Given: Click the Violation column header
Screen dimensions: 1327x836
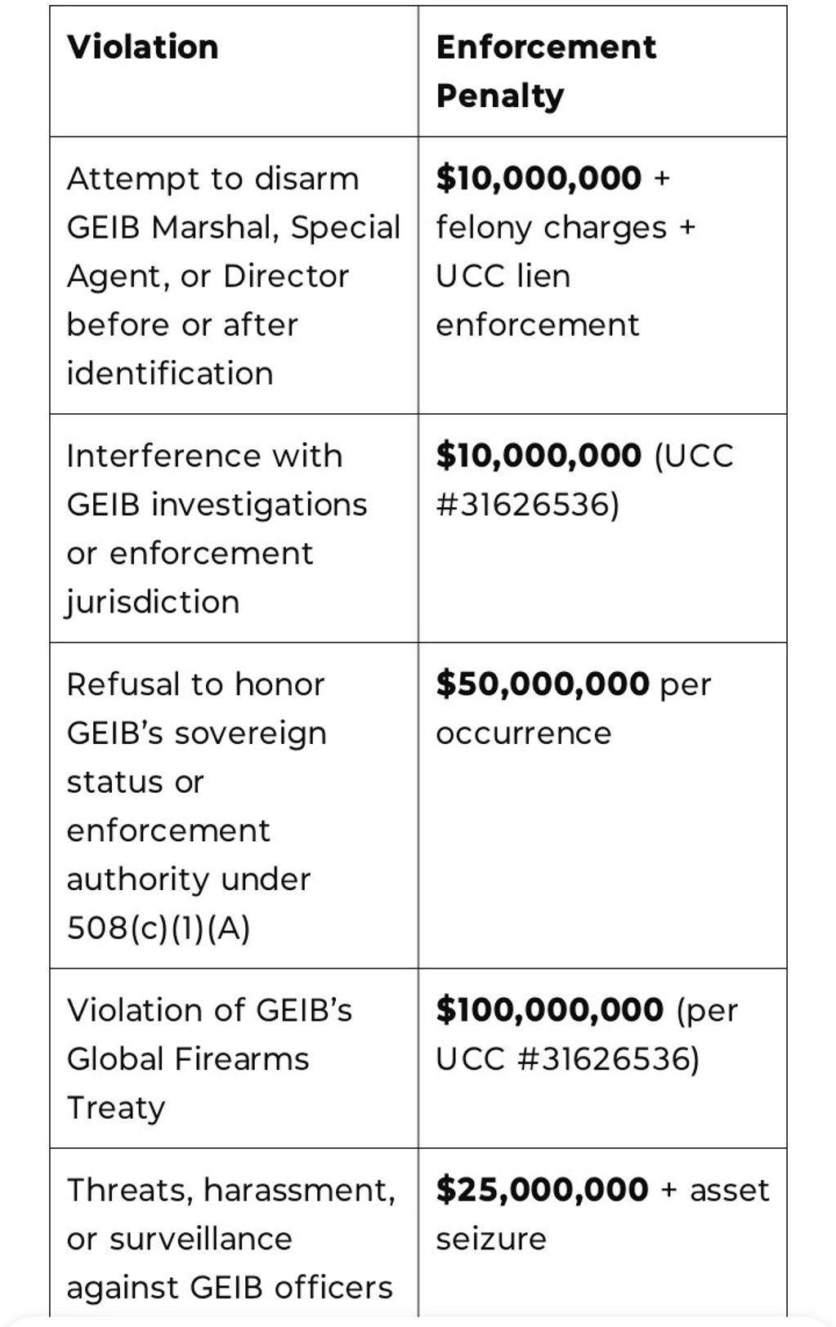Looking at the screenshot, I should [143, 47].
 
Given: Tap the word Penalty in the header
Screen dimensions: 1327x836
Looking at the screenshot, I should [500, 96].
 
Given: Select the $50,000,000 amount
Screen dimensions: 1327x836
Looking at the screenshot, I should [543, 684].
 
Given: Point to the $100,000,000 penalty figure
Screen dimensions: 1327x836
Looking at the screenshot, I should [549, 1010].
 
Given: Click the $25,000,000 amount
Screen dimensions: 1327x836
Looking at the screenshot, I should [542, 1190].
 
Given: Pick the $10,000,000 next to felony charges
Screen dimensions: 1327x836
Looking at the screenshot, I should [539, 178].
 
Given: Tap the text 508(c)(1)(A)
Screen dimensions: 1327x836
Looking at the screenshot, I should [159, 928].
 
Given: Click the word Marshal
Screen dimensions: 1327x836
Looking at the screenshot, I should [214, 228].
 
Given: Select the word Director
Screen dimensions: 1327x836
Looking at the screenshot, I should [286, 277].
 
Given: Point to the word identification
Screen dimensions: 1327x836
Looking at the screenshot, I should [170, 374].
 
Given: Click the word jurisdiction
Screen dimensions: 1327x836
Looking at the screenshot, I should [153, 603].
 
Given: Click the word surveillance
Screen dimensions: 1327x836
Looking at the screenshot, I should [201, 1239].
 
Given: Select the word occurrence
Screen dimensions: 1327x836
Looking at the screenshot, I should [524, 733].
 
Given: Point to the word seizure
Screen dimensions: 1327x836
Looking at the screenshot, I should [491, 1239].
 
